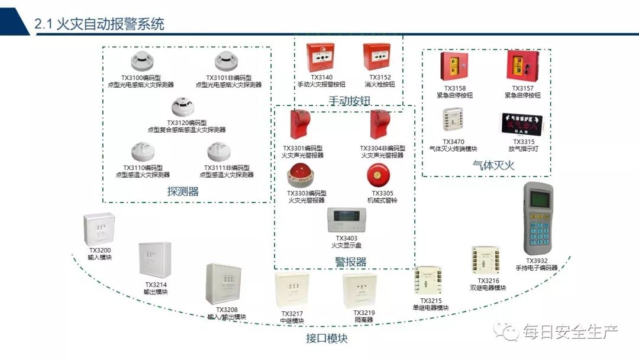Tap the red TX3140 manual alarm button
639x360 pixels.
click(x=321, y=57)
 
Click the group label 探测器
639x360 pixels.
click(x=183, y=191)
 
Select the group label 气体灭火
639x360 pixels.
click(x=493, y=166)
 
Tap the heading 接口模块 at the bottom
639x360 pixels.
click(x=327, y=338)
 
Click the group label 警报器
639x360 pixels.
click(x=351, y=262)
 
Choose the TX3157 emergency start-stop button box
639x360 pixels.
click(x=522, y=66)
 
